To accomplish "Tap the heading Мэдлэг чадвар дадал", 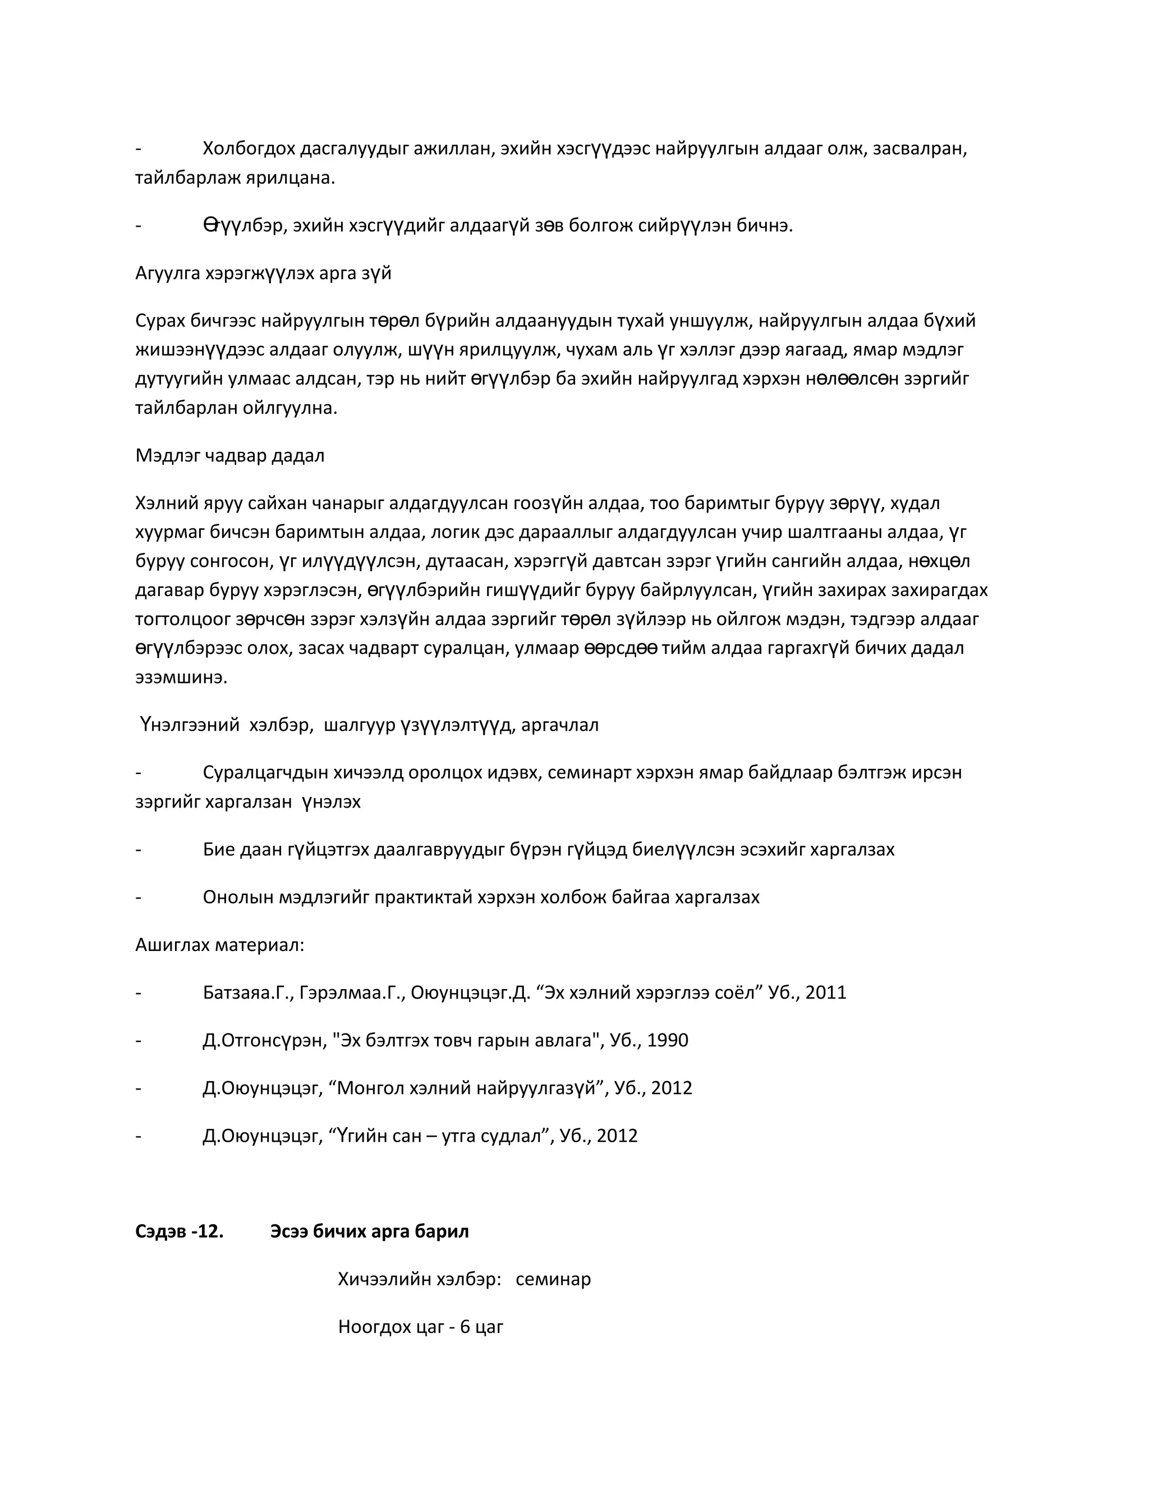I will [229, 455].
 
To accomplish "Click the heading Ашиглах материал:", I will [219, 944].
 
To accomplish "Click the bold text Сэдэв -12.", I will [179, 1231].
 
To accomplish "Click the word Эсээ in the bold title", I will [288, 1231].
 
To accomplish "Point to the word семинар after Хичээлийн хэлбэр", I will [553, 1279].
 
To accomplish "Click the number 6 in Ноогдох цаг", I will [465, 1326].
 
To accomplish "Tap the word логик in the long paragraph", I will [452, 532].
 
